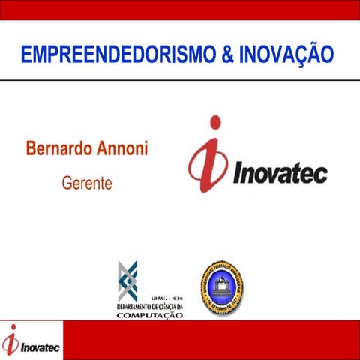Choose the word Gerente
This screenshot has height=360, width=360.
[x=88, y=182]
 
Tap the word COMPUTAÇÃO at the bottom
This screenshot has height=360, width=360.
[x=150, y=316]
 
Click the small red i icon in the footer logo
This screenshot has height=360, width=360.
[x=10, y=341]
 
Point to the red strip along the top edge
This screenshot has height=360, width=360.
[x=180, y=7]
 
